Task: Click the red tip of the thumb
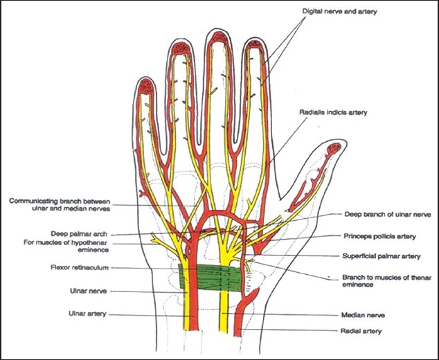pos(334,147)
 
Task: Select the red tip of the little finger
pos(146,87)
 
